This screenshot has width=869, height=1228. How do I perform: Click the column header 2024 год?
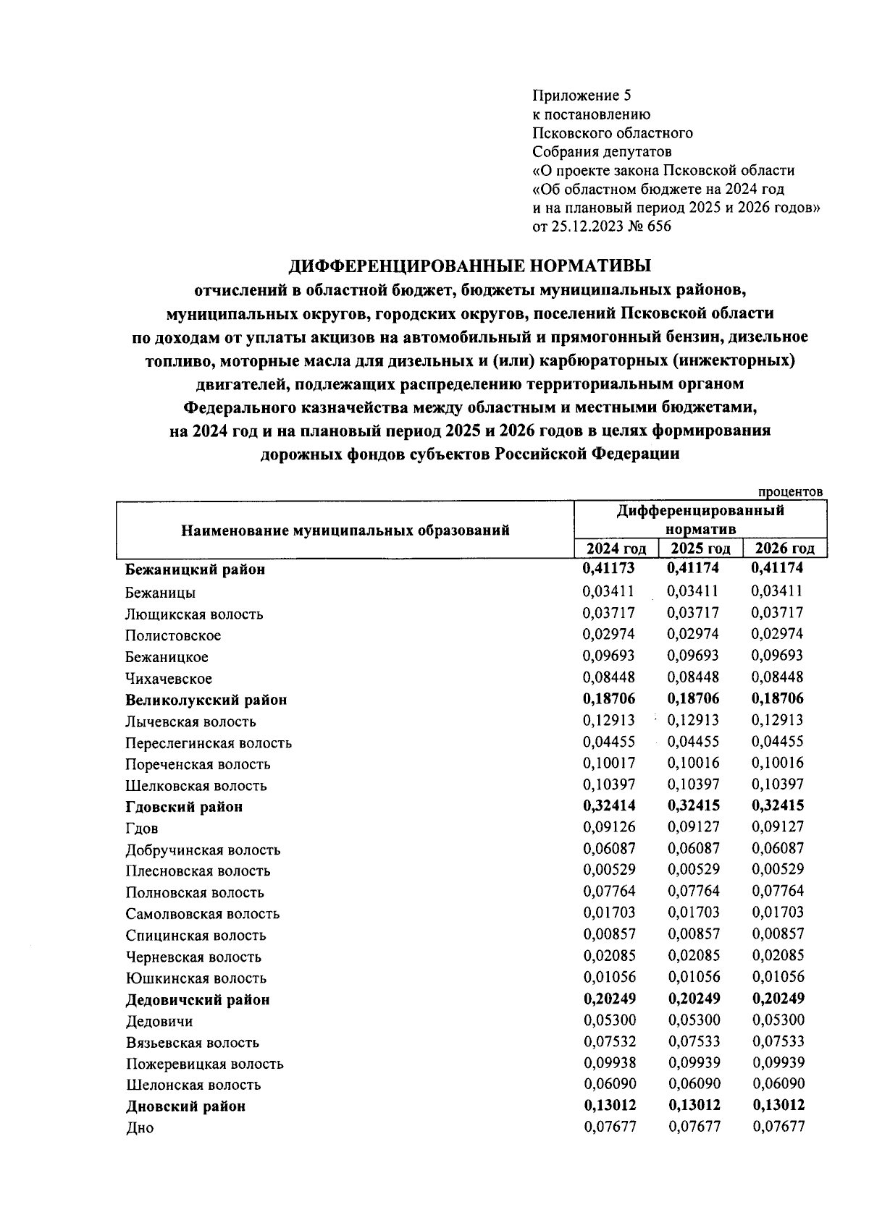pos(616,549)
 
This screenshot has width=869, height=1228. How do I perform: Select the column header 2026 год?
pos(784,549)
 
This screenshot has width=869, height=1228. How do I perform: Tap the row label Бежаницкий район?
pos(195,569)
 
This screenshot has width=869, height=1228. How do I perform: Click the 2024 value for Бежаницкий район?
pos(608,569)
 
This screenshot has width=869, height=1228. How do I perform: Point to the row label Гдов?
pos(141,829)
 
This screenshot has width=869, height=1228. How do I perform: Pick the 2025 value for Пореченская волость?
pos(693,763)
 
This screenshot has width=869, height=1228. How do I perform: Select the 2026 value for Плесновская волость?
pos(778,869)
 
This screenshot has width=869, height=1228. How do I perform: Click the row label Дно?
pos(139,1128)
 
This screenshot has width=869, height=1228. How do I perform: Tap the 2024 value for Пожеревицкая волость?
pos(608,1063)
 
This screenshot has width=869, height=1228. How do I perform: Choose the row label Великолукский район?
pos(206,700)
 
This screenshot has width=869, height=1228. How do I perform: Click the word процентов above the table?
pos(790,492)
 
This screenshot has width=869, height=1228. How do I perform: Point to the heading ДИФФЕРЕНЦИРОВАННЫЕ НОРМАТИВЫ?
pos(469,266)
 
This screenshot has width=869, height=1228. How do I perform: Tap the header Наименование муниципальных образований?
pos(345,530)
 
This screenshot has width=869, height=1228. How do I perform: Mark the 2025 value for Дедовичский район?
pos(693,999)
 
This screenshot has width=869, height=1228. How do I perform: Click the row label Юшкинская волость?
pos(196,978)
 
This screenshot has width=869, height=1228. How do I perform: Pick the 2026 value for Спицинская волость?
pos(778,933)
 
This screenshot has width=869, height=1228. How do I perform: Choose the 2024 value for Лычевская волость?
pos(608,720)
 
